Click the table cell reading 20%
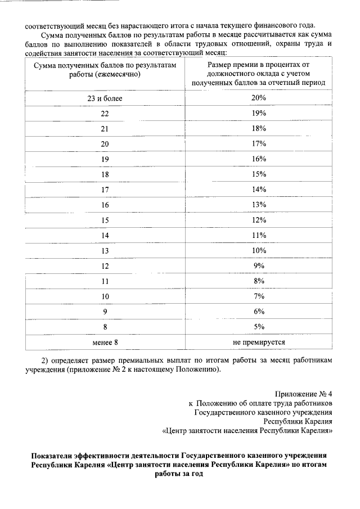(259, 98)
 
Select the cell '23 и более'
(105, 98)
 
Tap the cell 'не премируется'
(259, 341)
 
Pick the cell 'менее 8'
(105, 341)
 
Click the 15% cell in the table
(259, 174)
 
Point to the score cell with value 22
(105, 114)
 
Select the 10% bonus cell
(259, 250)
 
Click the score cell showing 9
(105, 311)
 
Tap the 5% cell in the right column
(259, 326)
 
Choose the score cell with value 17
(105, 190)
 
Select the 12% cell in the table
(259, 220)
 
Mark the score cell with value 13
(105, 250)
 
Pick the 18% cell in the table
(259, 129)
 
